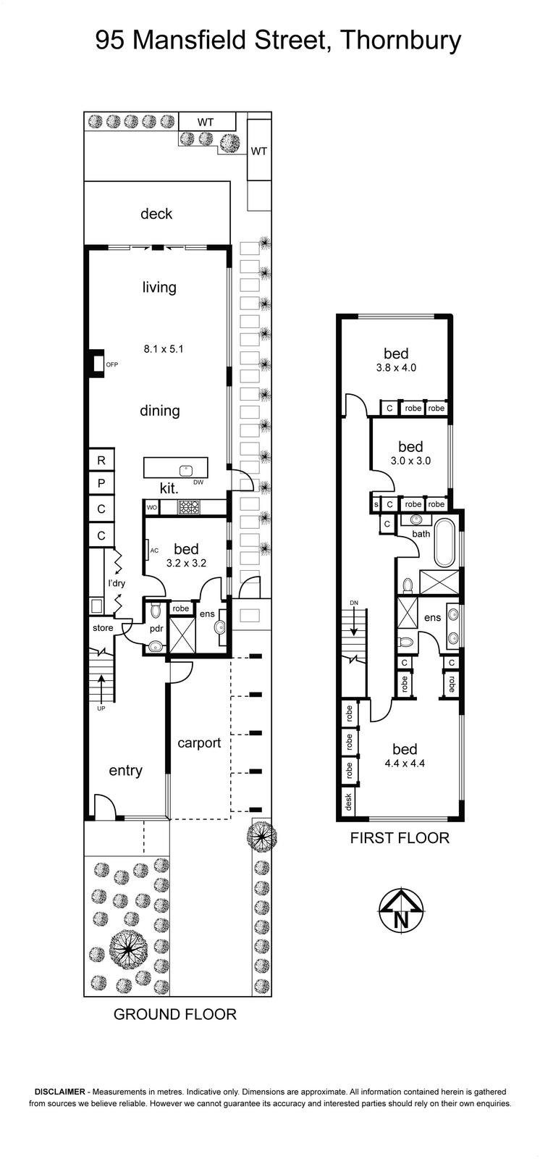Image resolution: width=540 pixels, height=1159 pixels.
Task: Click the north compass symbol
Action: (401, 910)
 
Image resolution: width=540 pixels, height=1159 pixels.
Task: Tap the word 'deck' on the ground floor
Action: (156, 213)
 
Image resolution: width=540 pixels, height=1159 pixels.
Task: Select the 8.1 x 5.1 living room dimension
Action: (164, 348)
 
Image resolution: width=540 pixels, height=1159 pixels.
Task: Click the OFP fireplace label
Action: (111, 365)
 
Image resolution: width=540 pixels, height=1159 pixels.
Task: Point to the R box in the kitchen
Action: (101, 460)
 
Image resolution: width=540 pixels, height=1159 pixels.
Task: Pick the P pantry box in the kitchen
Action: (101, 483)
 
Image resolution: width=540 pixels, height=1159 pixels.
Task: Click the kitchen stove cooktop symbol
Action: (189, 507)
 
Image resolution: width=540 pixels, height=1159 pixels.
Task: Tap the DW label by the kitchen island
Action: (198, 482)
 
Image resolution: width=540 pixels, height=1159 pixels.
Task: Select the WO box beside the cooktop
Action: (151, 508)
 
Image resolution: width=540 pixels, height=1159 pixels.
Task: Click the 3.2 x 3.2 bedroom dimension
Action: (186, 563)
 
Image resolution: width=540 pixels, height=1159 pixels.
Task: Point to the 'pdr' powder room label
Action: (156, 628)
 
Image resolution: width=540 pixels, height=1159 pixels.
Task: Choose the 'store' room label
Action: (103, 627)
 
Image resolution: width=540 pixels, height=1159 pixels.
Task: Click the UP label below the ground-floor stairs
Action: (101, 708)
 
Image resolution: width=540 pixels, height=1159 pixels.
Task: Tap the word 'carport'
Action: (199, 743)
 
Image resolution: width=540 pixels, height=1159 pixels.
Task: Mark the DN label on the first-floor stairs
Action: (354, 603)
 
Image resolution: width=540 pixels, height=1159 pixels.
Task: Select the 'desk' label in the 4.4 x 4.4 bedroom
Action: (348, 802)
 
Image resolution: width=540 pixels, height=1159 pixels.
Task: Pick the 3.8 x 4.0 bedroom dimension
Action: (396, 368)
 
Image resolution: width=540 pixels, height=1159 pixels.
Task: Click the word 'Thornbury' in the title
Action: (401, 41)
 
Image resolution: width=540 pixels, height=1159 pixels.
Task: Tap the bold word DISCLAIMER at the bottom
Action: (59, 1092)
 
